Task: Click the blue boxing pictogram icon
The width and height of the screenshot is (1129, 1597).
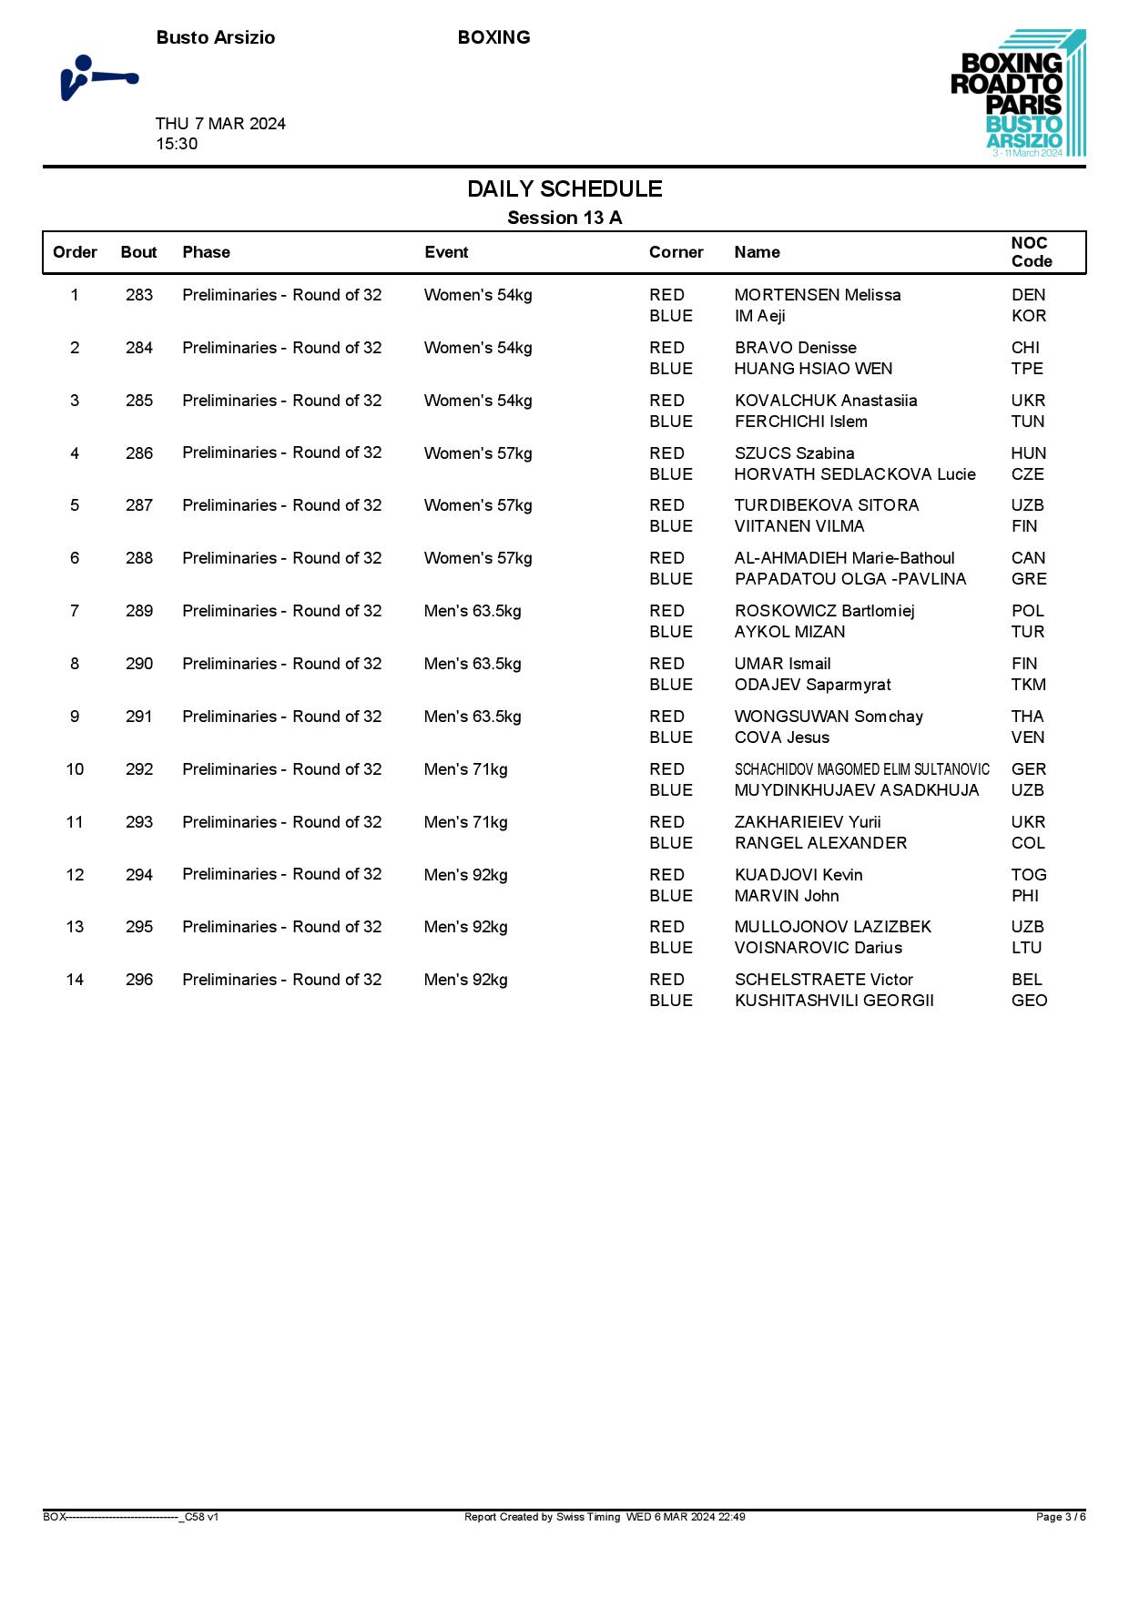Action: click(x=98, y=78)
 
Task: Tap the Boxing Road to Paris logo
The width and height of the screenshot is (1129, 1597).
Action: click(x=1017, y=94)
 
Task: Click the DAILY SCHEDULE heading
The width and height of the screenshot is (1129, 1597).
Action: click(x=564, y=189)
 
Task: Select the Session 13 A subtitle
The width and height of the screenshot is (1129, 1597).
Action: click(x=564, y=218)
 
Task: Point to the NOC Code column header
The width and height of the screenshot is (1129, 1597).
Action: click(x=1031, y=252)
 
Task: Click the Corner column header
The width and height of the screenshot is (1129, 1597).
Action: click(x=676, y=252)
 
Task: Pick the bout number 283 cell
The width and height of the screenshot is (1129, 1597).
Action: click(x=139, y=295)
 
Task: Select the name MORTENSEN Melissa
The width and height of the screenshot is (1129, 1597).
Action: click(x=817, y=295)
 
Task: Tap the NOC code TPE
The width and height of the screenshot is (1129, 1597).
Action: click(x=1027, y=369)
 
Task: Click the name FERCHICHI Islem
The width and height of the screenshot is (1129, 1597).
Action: click(x=800, y=422)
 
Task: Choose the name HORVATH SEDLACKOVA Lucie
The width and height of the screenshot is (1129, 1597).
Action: click(x=854, y=474)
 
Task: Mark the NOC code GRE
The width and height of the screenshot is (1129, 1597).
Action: click(x=1029, y=579)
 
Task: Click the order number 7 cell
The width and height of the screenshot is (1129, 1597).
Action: click(x=75, y=611)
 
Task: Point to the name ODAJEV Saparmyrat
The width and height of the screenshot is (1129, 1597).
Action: click(x=812, y=685)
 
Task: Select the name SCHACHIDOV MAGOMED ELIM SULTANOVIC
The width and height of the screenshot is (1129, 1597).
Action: click(x=861, y=769)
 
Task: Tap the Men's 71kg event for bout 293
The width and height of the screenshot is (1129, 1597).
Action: click(x=465, y=822)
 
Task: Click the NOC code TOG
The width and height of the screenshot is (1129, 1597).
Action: click(x=1029, y=875)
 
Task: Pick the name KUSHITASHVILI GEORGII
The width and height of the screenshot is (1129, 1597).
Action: click(x=834, y=1001)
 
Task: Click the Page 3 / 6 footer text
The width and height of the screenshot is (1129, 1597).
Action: click(x=1060, y=1517)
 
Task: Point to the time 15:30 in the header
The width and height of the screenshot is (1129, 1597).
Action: click(x=177, y=144)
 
